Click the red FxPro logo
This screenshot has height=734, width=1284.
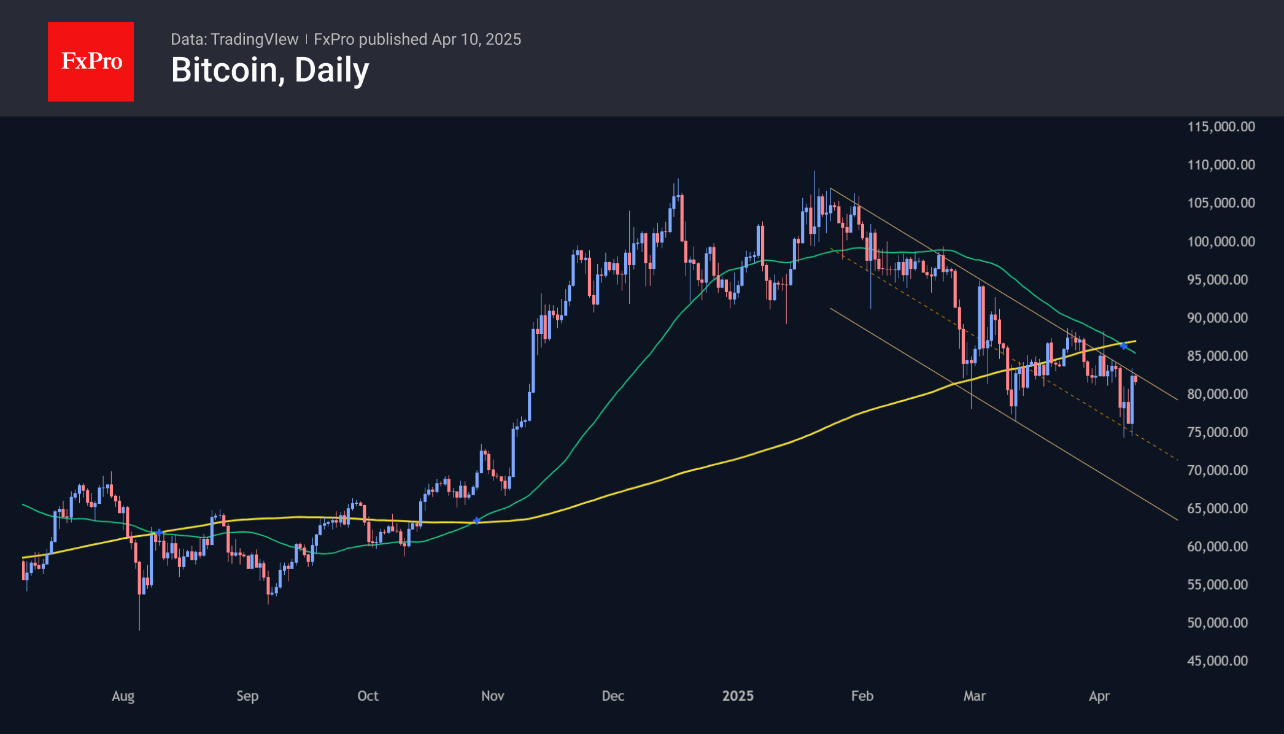91,61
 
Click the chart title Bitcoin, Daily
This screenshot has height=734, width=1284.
269,70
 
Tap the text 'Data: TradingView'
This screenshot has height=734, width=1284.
234,39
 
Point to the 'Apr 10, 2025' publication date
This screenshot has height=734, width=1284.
476,39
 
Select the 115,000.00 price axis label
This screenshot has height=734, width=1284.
1221,126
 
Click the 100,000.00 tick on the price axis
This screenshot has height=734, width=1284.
1221,241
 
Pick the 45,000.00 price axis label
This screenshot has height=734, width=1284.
1217,661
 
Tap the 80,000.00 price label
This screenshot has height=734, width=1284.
1217,394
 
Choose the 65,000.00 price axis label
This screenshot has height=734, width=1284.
1217,508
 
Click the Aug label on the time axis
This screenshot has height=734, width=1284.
123,696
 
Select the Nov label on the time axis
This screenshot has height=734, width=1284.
492,696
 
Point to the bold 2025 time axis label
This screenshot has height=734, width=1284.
737,696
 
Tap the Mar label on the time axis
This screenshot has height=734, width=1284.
974,696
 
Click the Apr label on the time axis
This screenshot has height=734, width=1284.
1099,696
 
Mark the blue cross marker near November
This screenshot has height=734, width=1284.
477,521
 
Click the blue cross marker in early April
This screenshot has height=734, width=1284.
1123,346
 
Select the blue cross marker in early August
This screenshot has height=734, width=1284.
160,533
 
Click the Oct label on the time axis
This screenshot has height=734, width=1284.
368,696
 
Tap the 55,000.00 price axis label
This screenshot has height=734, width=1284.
1217,585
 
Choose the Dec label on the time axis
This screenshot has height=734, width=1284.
613,696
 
